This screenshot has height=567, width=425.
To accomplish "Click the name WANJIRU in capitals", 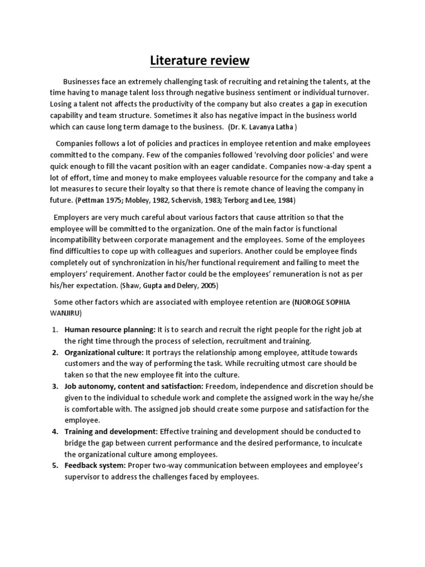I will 68,312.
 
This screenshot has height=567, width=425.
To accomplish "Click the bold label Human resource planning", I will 111,329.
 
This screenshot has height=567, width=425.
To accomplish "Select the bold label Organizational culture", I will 103,353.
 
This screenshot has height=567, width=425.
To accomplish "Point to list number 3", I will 55,385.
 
